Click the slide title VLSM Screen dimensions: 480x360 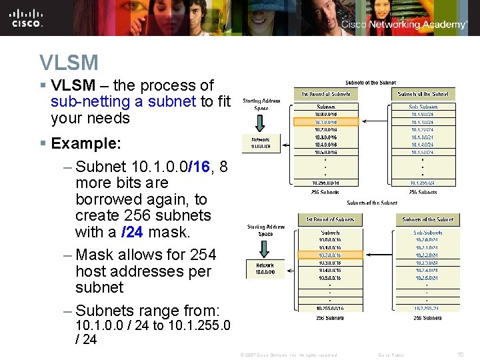pyautogui.click(x=69, y=63)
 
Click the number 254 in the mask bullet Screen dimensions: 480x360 pyautogui.click(x=203, y=255)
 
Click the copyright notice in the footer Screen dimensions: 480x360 pyautogui.click(x=288, y=355)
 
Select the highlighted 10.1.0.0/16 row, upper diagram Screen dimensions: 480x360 pyautogui.click(x=326, y=122)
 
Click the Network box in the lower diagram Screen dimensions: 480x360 pyautogui.click(x=265, y=268)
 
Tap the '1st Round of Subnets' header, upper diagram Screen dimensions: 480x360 pyautogui.click(x=326, y=94)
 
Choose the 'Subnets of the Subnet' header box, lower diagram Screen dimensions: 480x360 pyautogui.click(x=427, y=219)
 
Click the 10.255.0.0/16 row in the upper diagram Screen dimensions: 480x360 pyautogui.click(x=326, y=183)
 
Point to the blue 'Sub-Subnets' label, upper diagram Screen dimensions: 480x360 pyautogui.click(x=423, y=107)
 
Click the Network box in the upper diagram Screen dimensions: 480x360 pyautogui.click(x=261, y=143)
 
